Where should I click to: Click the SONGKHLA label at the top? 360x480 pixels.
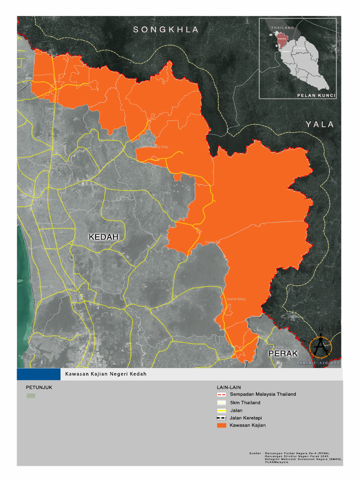166,30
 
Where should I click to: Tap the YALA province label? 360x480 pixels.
320,124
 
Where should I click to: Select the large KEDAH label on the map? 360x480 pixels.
104,237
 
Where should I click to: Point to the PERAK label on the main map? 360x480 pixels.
283,353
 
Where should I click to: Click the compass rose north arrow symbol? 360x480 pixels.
321,346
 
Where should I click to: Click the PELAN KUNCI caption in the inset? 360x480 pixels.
316,95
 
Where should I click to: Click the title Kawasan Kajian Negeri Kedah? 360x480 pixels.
106,374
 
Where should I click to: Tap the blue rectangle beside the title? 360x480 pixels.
38,374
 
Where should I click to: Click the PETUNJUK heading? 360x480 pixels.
36,388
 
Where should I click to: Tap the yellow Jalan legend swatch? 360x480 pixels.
222,410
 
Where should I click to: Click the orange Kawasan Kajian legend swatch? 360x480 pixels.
222,425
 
